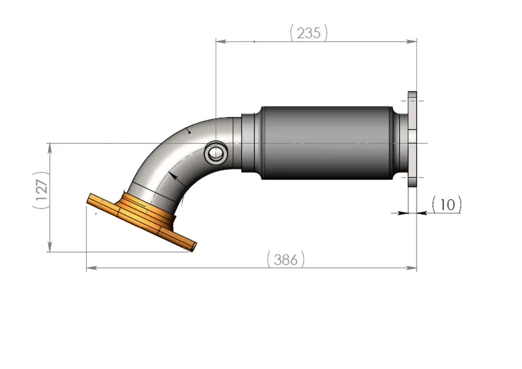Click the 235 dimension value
[x=309, y=33]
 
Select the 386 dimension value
[x=286, y=259]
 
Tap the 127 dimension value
[x=42, y=190]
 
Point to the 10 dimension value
[x=447, y=204]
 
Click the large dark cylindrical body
[x=326, y=143]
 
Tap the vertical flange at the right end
[x=412, y=140]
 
